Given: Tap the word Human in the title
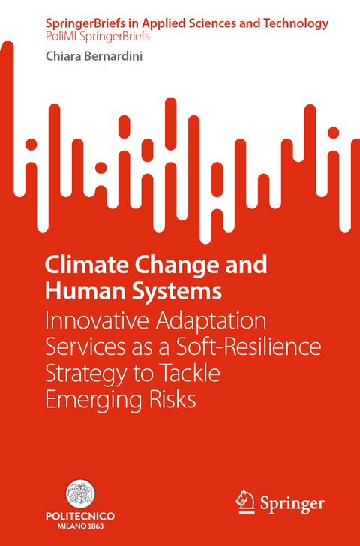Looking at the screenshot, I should coord(76,289).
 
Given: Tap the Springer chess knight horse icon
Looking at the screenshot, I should coord(244,501).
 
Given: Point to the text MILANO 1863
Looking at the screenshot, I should coord(80,528).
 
